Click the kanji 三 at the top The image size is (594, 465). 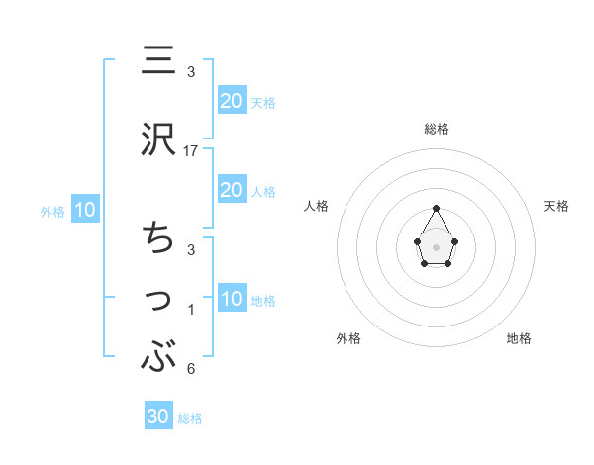point(156,60)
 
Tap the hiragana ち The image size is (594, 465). point(156,238)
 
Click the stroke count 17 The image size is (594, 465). point(191,151)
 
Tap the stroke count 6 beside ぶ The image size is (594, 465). point(191,370)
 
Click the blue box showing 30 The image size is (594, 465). point(158,417)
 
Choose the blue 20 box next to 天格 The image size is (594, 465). point(232,100)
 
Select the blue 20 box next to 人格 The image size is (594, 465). point(232,190)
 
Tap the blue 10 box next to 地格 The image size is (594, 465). point(232,299)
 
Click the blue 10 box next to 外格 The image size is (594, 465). point(84,210)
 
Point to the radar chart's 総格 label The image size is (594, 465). point(437,129)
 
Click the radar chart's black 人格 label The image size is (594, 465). point(318,206)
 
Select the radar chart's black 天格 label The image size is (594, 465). point(556,206)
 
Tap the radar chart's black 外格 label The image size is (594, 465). point(348,338)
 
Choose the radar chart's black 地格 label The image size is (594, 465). point(519,338)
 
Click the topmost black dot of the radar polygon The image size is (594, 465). point(437,209)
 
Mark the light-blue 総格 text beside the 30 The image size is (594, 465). point(190,418)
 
